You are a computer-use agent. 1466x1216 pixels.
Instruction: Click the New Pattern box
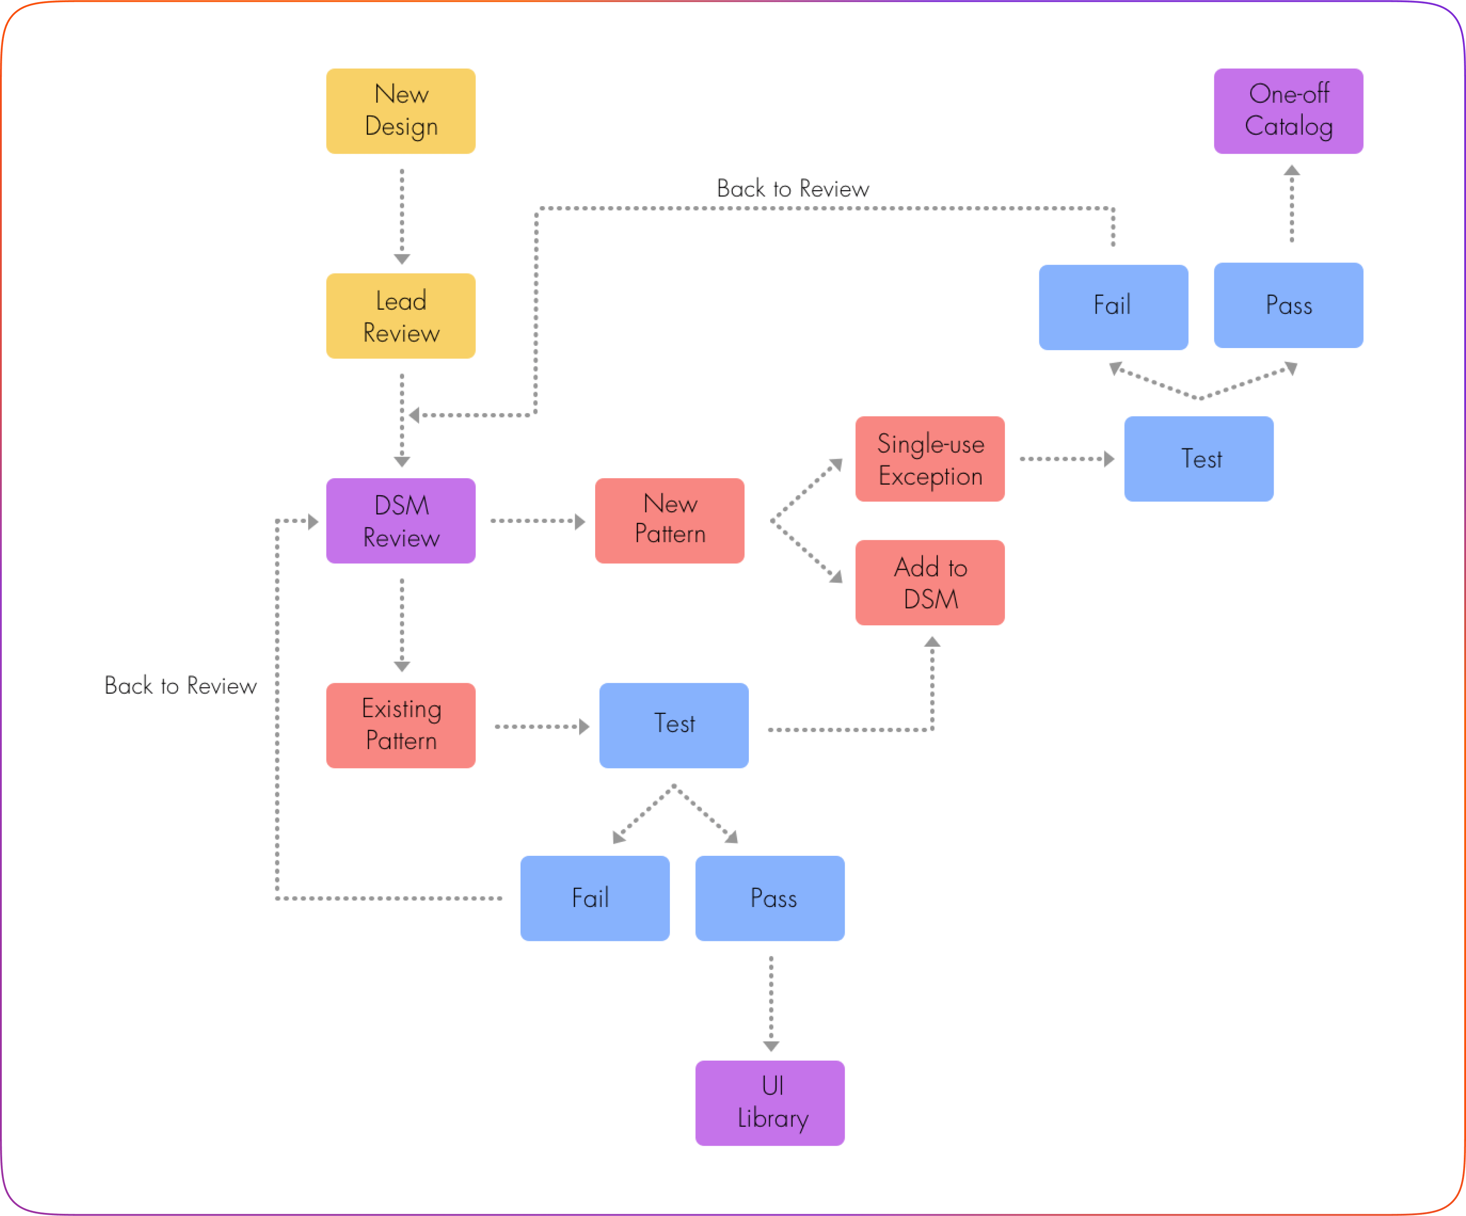(x=669, y=521)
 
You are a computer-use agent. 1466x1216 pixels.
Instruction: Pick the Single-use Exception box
(x=930, y=459)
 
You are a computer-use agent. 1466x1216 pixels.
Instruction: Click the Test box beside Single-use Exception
(x=1199, y=459)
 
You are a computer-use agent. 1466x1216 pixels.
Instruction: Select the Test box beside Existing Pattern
(x=674, y=725)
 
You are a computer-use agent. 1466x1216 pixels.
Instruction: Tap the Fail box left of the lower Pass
(x=595, y=898)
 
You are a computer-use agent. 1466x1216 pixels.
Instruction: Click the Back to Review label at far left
(x=180, y=686)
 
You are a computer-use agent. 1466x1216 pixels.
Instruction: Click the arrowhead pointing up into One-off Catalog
(x=1291, y=170)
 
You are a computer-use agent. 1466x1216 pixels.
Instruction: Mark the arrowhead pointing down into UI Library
(x=771, y=1046)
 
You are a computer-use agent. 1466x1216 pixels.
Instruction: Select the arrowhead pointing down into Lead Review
(x=402, y=259)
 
